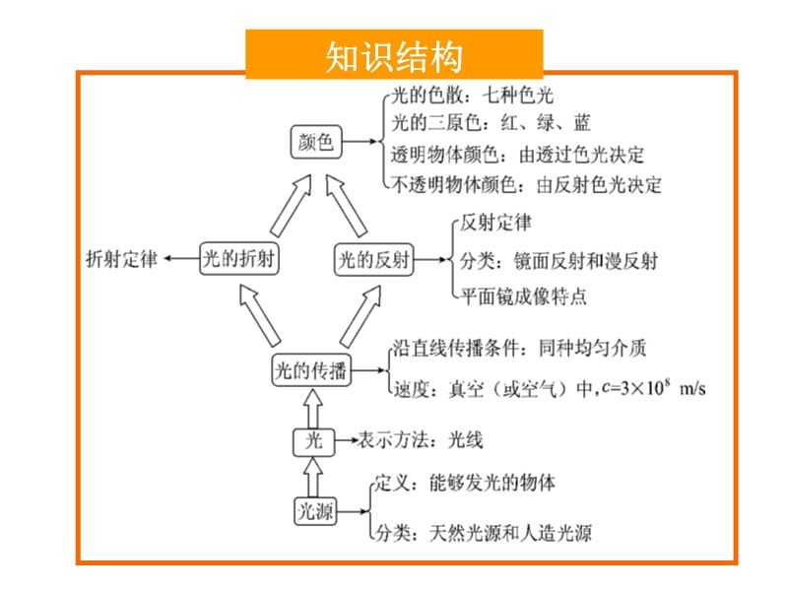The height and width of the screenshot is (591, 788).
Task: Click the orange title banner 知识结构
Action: [x=394, y=54]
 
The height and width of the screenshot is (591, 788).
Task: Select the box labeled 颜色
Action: [x=316, y=142]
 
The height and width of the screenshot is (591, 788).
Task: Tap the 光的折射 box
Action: [x=238, y=259]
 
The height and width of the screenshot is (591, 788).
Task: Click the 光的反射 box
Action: [x=374, y=260]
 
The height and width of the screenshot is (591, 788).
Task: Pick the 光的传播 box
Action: [x=311, y=370]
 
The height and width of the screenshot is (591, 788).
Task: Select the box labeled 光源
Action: [x=315, y=511]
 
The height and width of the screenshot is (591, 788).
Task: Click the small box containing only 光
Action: [x=313, y=441]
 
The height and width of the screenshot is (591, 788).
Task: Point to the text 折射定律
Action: [x=121, y=259]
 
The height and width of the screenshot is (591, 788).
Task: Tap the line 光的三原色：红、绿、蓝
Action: [x=491, y=122]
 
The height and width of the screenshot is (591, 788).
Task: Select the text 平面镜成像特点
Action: [x=523, y=296]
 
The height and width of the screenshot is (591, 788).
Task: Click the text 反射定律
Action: [x=495, y=223]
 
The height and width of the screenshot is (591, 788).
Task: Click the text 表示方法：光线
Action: [x=421, y=440]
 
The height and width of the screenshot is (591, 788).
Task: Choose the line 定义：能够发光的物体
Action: [x=465, y=483]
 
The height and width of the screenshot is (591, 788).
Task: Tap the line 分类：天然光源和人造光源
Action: [x=484, y=533]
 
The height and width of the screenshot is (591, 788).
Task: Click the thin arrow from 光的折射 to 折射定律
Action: [x=182, y=259]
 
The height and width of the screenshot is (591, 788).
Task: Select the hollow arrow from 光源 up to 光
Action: [x=313, y=477]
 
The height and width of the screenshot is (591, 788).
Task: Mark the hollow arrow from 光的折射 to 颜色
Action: [x=292, y=206]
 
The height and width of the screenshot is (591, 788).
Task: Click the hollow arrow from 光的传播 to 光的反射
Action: [x=361, y=316]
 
